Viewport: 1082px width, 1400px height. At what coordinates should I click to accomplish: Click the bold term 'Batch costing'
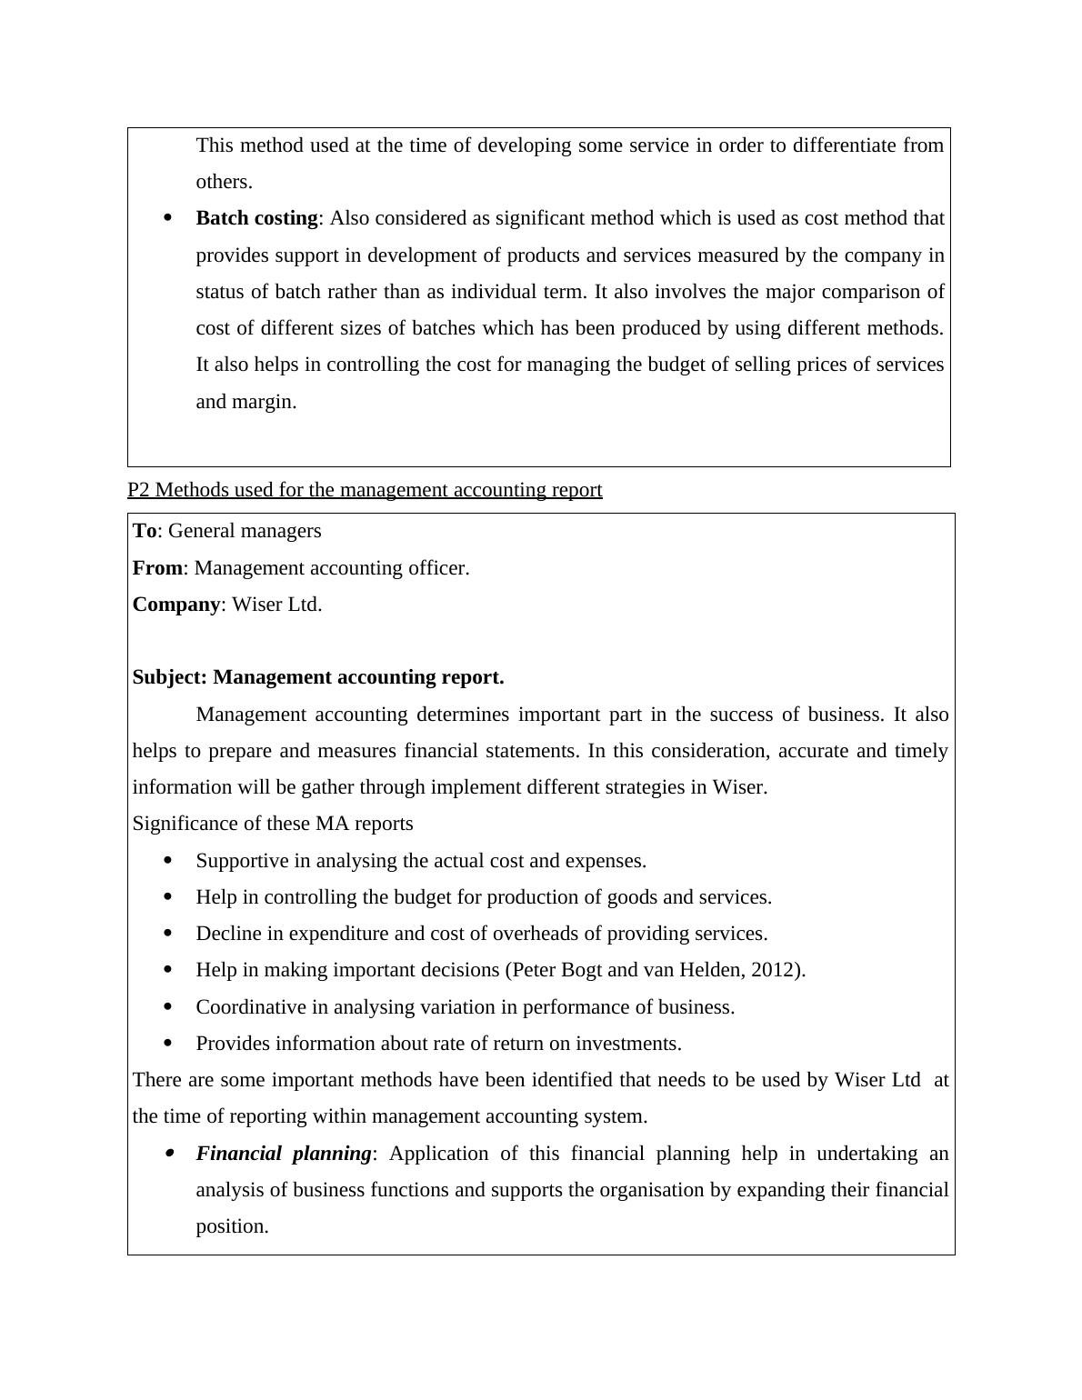click(x=256, y=218)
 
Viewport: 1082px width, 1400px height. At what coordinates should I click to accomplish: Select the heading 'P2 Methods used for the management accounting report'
click(x=365, y=490)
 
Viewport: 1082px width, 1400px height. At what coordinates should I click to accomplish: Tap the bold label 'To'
click(x=145, y=531)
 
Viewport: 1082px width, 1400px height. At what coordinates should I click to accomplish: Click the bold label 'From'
click(x=157, y=568)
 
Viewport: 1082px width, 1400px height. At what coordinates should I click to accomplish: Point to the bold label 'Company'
click(x=176, y=605)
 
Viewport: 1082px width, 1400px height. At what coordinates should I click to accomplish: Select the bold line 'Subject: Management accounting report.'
click(x=318, y=677)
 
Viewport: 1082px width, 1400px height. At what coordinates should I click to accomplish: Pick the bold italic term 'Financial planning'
click(x=284, y=1154)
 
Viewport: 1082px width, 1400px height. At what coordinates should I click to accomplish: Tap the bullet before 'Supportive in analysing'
click(x=167, y=860)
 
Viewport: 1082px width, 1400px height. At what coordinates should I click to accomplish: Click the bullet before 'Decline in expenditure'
click(x=167, y=934)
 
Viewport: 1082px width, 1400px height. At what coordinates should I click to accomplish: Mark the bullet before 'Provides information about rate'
click(x=167, y=1044)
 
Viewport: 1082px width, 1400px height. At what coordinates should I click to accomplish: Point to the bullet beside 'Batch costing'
click(x=167, y=218)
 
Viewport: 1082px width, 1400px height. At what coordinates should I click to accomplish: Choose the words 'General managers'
click(x=245, y=531)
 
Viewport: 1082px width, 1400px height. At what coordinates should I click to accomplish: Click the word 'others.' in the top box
click(x=224, y=182)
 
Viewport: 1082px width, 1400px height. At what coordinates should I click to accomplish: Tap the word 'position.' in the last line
click(x=232, y=1226)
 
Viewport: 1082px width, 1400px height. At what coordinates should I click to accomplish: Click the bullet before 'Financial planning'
click(x=169, y=1154)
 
